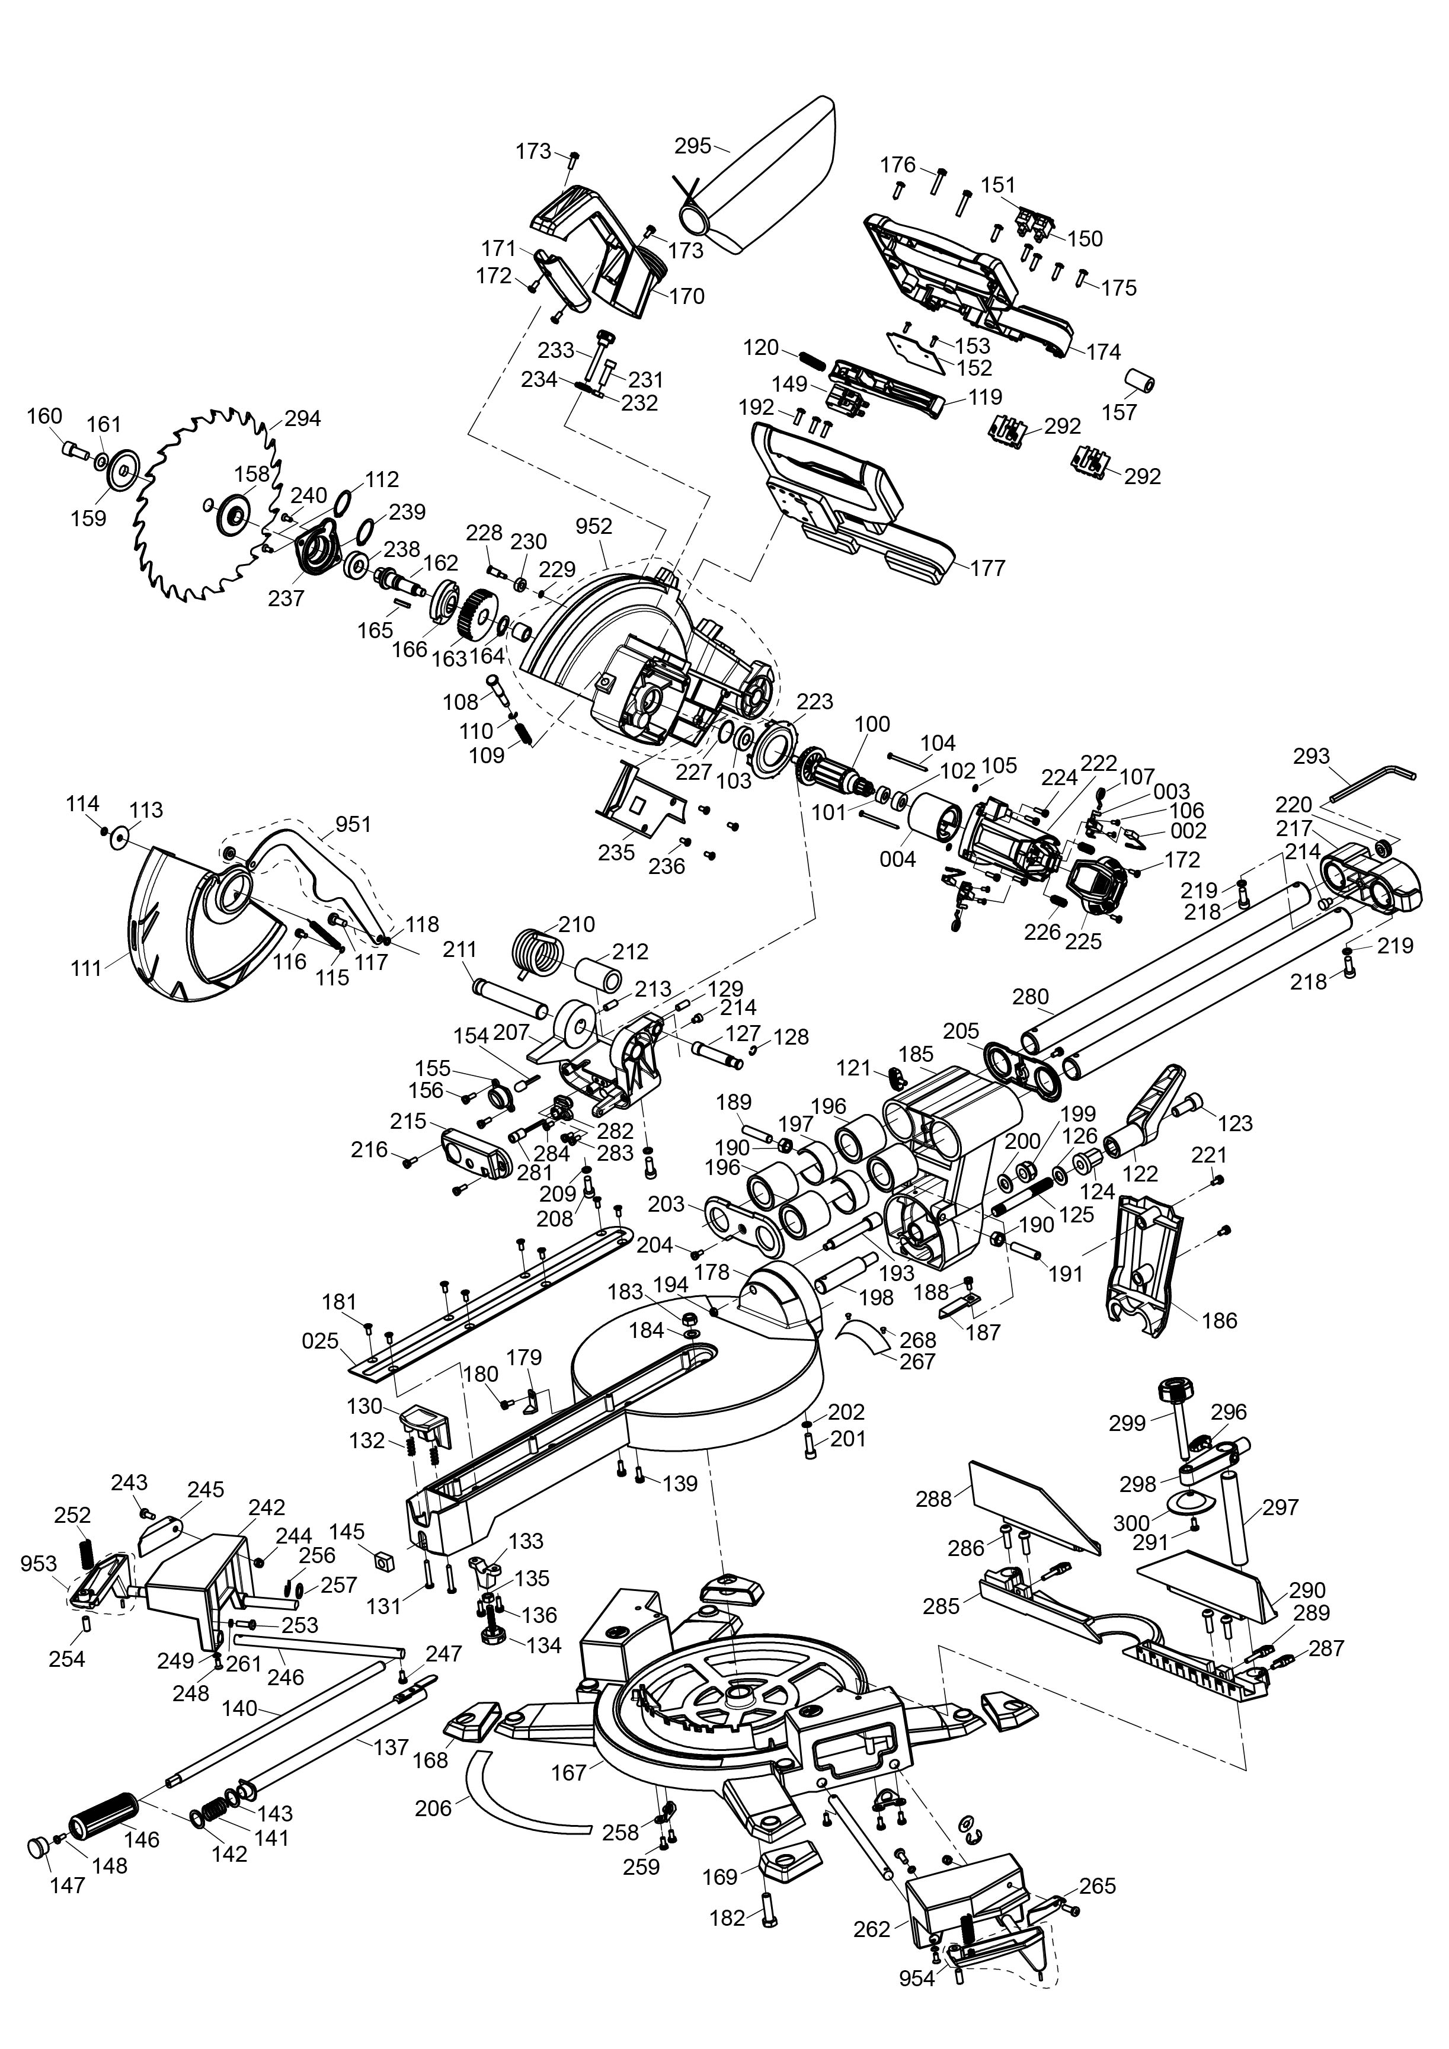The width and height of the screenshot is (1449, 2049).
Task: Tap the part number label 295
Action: tap(692, 145)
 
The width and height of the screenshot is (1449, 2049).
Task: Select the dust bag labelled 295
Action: tap(768, 178)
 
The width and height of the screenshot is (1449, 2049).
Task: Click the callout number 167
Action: tap(569, 1772)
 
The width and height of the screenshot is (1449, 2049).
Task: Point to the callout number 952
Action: tap(594, 527)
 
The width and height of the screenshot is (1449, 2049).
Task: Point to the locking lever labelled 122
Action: tap(1151, 1111)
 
